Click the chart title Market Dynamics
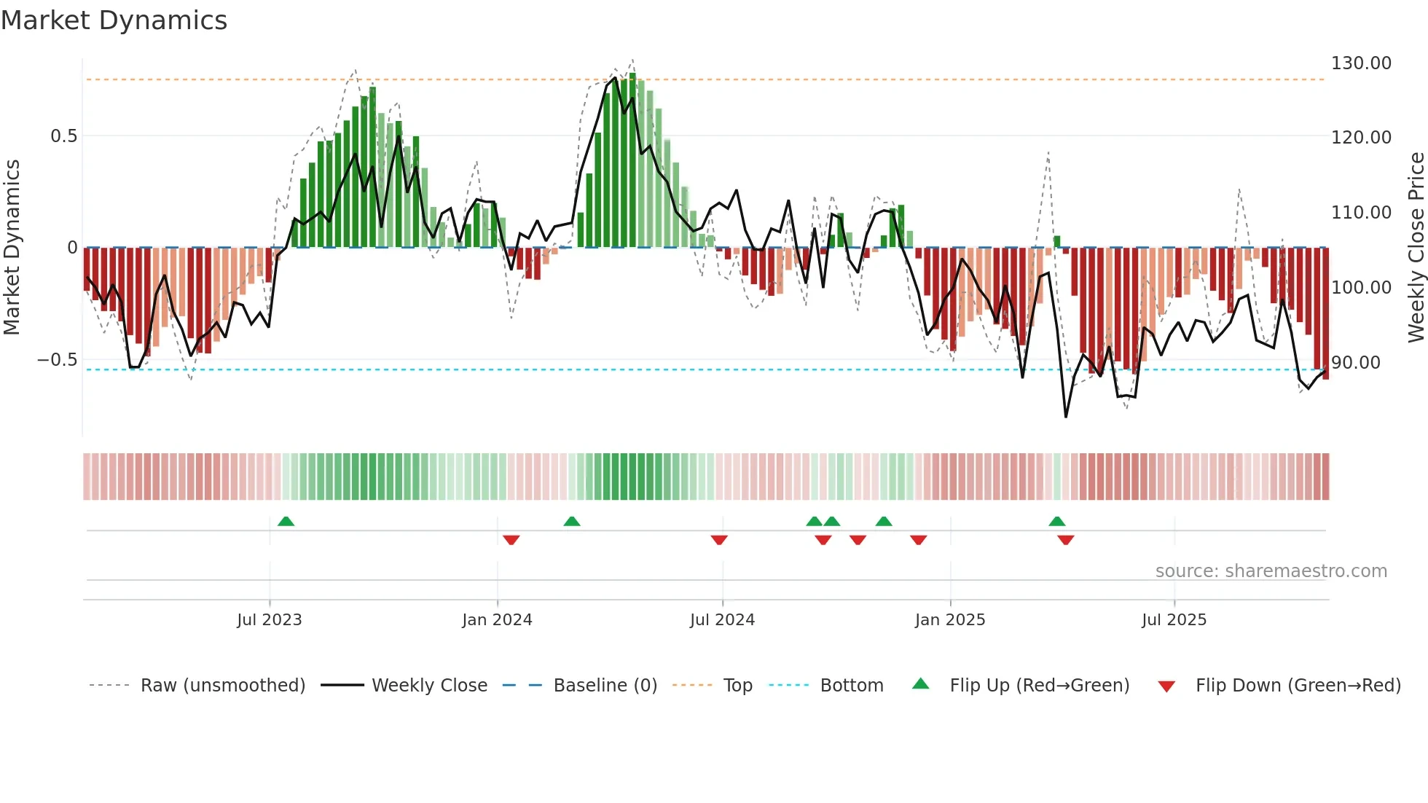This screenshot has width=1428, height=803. pos(114,20)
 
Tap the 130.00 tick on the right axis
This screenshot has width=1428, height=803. pos(1360,63)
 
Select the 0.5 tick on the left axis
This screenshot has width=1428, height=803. pos(63,136)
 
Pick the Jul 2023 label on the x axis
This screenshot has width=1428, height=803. pos(269,620)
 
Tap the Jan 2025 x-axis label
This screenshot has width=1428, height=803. pos(949,620)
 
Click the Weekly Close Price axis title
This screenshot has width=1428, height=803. pos(1416,247)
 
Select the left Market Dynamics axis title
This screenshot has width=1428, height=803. pos(12,247)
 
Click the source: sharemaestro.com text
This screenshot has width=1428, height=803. pos(1271,571)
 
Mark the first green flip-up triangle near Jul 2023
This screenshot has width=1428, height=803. pos(286,522)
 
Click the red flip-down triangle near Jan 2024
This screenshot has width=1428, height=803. pos(511,540)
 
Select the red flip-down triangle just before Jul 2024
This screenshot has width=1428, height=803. pos(718,540)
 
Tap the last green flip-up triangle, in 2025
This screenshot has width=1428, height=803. pos(1056,522)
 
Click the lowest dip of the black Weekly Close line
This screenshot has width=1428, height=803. pos(1065,417)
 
